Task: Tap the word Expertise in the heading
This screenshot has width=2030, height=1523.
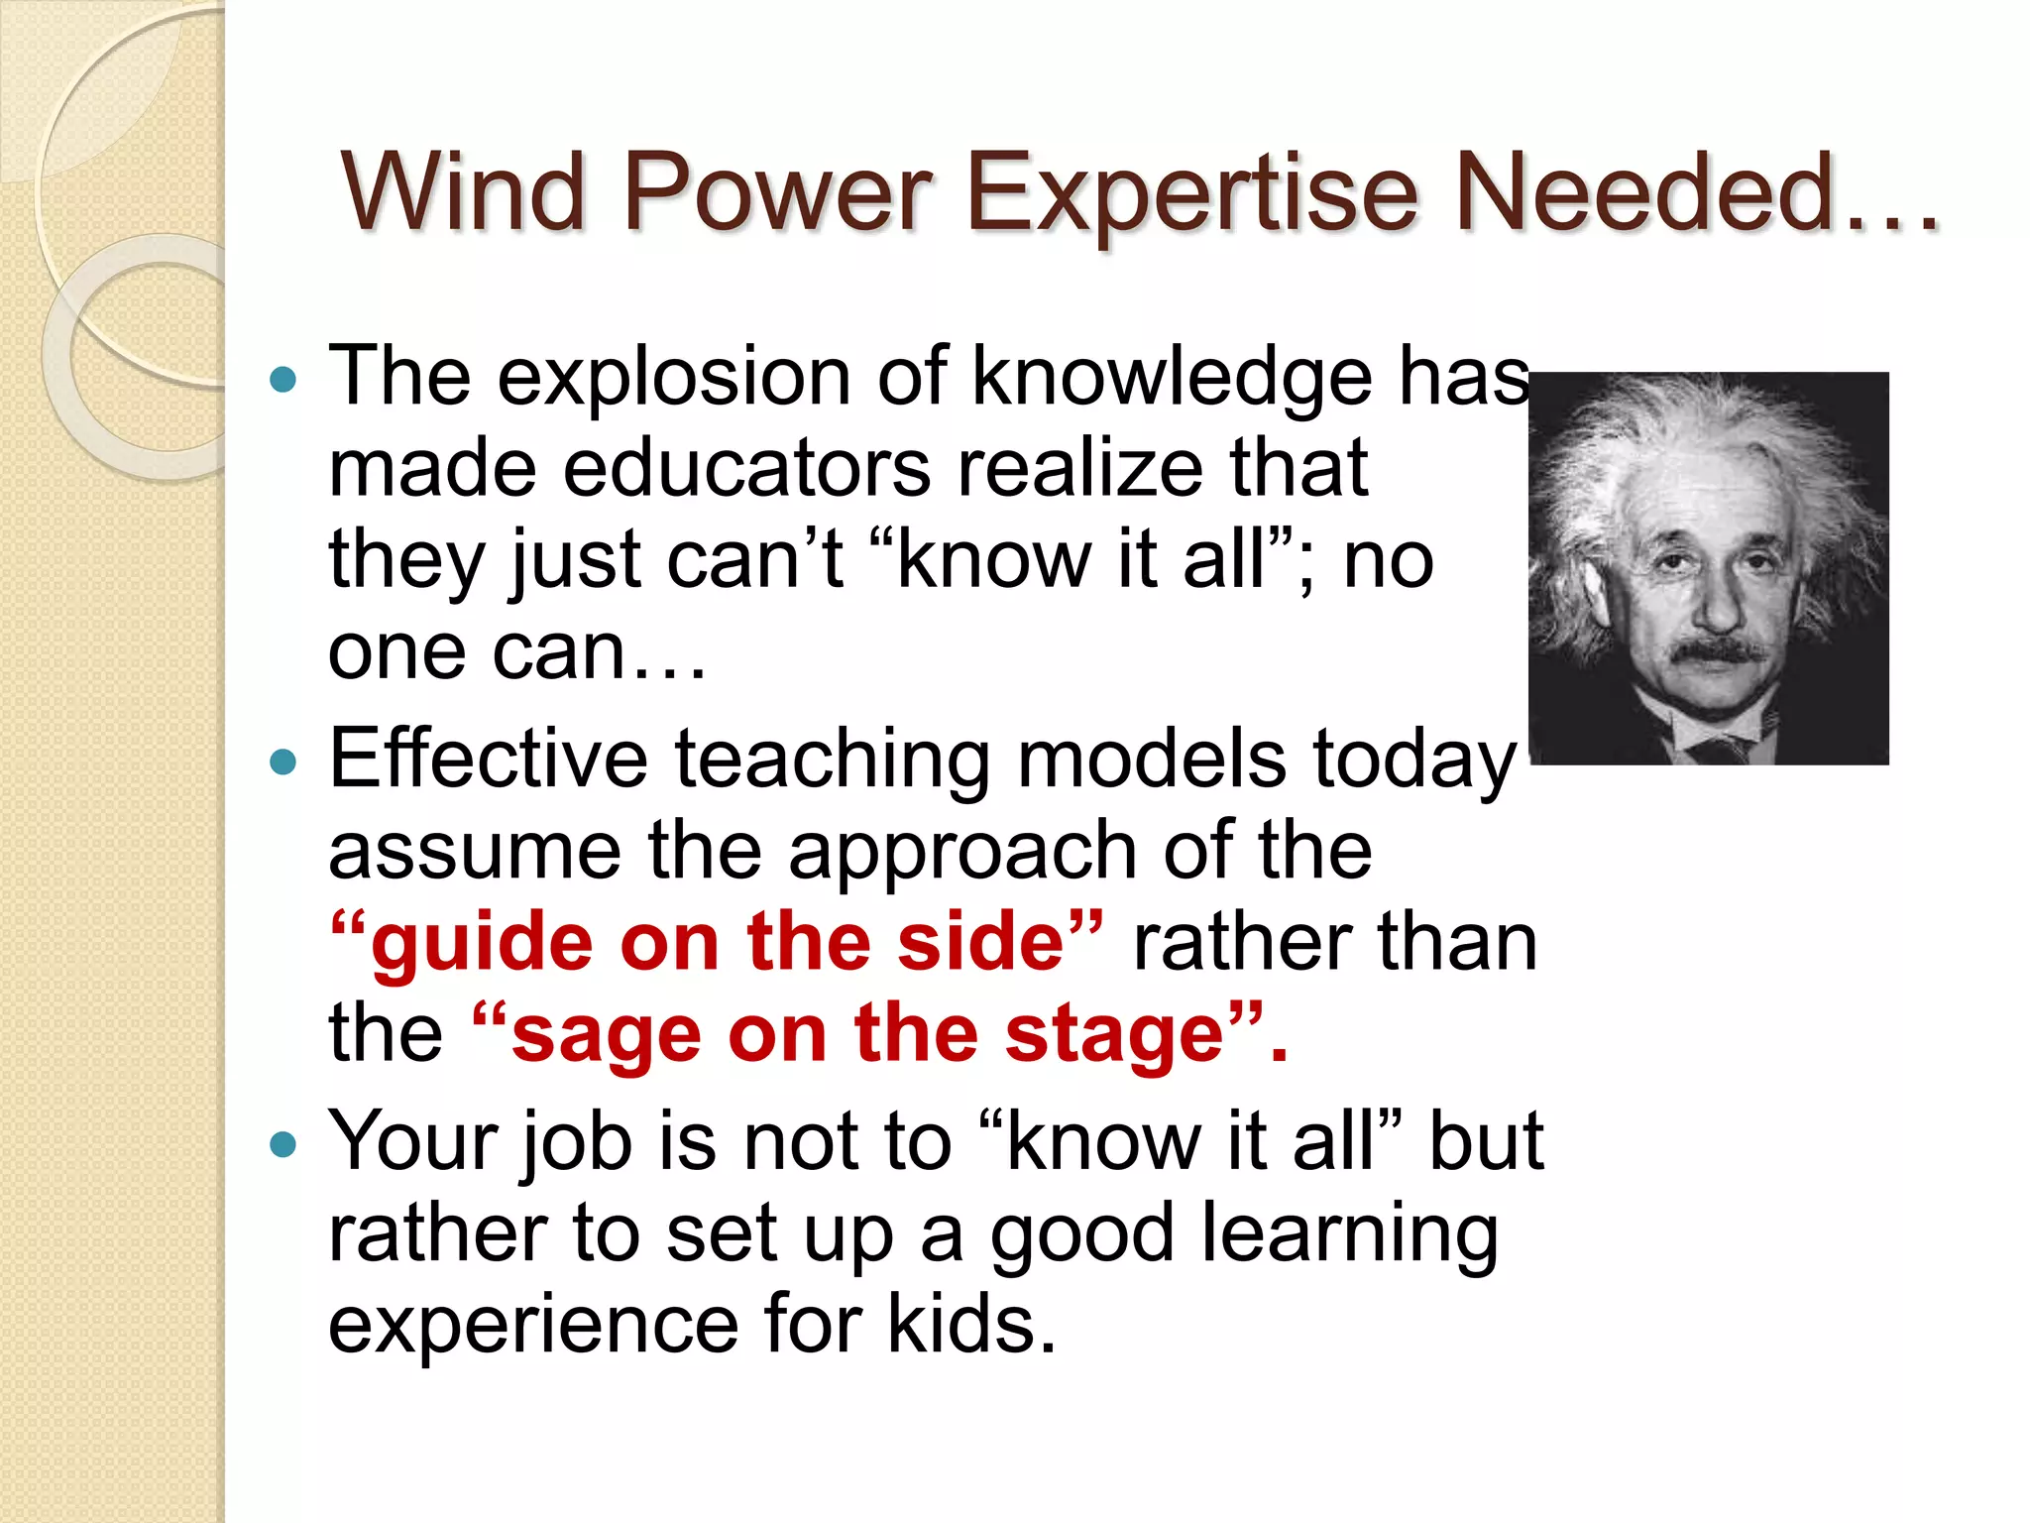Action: tap(1190, 194)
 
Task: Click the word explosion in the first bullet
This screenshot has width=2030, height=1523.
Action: tap(673, 378)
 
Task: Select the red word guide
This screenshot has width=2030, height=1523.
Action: tap(482, 944)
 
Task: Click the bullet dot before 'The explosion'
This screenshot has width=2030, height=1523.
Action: tap(283, 380)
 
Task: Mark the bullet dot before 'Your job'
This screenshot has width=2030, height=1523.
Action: tap(283, 1145)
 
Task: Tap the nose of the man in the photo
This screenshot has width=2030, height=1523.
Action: tap(1720, 605)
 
